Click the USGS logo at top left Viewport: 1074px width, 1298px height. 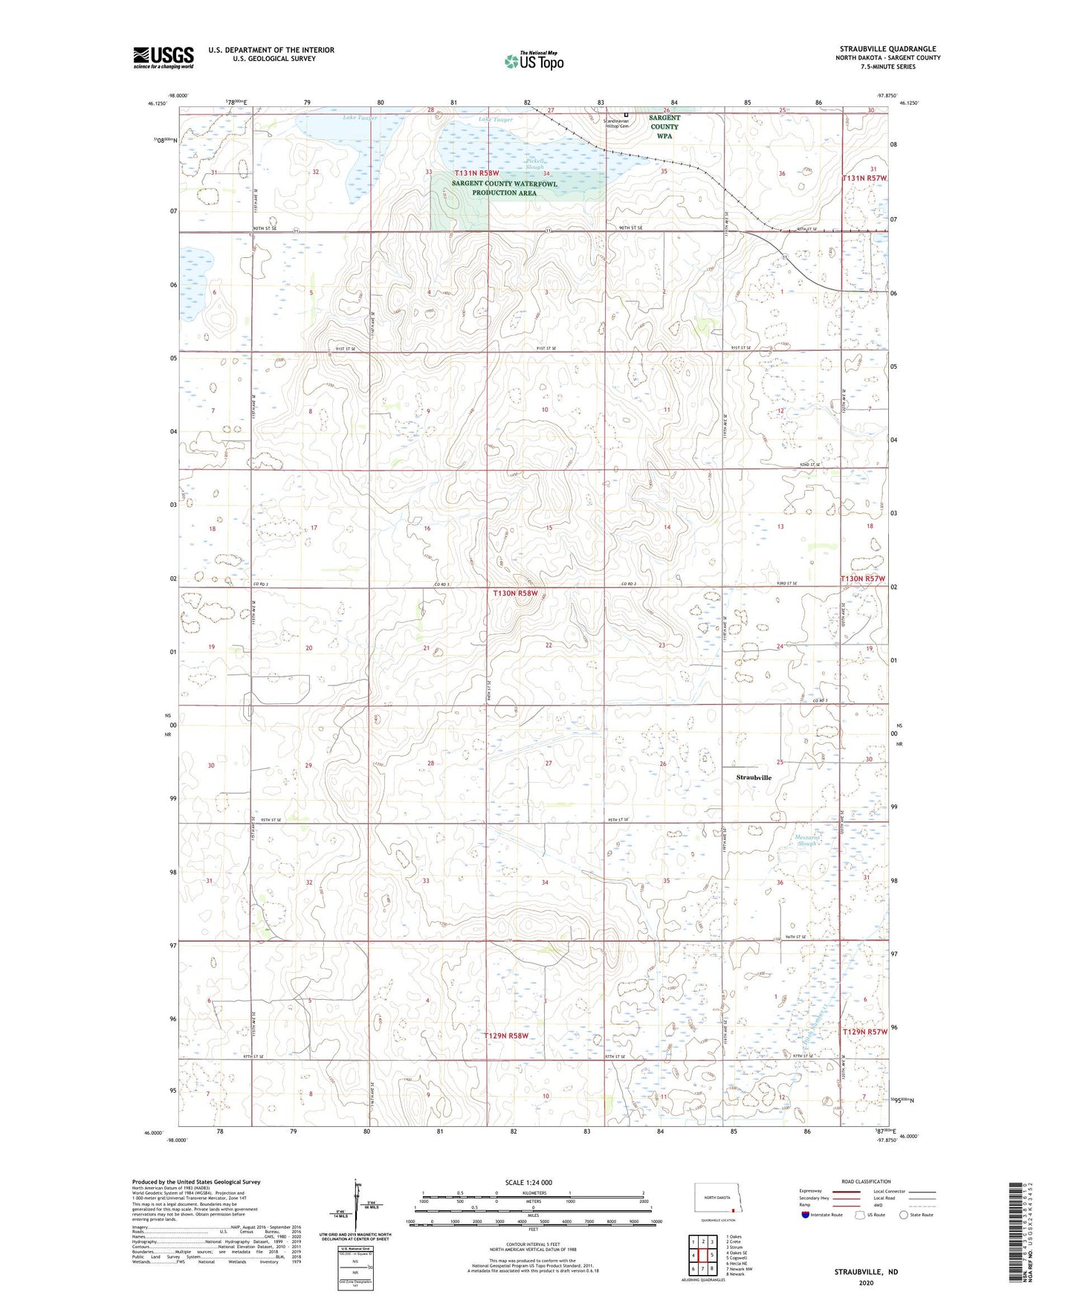pos(164,57)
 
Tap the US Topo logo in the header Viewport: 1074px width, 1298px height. pos(533,62)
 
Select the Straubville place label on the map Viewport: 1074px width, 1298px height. pos(754,778)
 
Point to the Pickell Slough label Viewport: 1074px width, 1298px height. pos(534,164)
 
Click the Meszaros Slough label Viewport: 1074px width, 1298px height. pos(806,840)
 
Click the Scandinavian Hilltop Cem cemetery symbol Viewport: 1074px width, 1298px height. pos(626,114)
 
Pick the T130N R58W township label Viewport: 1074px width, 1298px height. pos(514,593)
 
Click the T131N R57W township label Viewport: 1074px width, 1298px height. pos(864,178)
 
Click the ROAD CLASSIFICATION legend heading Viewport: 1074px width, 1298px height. pos(865,1181)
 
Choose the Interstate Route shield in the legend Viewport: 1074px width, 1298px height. pos(806,1215)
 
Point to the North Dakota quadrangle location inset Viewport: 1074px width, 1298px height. pos(722,1200)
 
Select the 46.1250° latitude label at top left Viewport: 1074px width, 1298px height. pos(156,103)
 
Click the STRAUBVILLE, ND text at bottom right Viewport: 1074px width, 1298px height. pos(866,1271)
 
